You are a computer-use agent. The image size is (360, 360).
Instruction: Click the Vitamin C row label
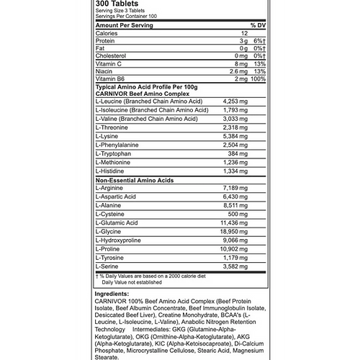point(110,63)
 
